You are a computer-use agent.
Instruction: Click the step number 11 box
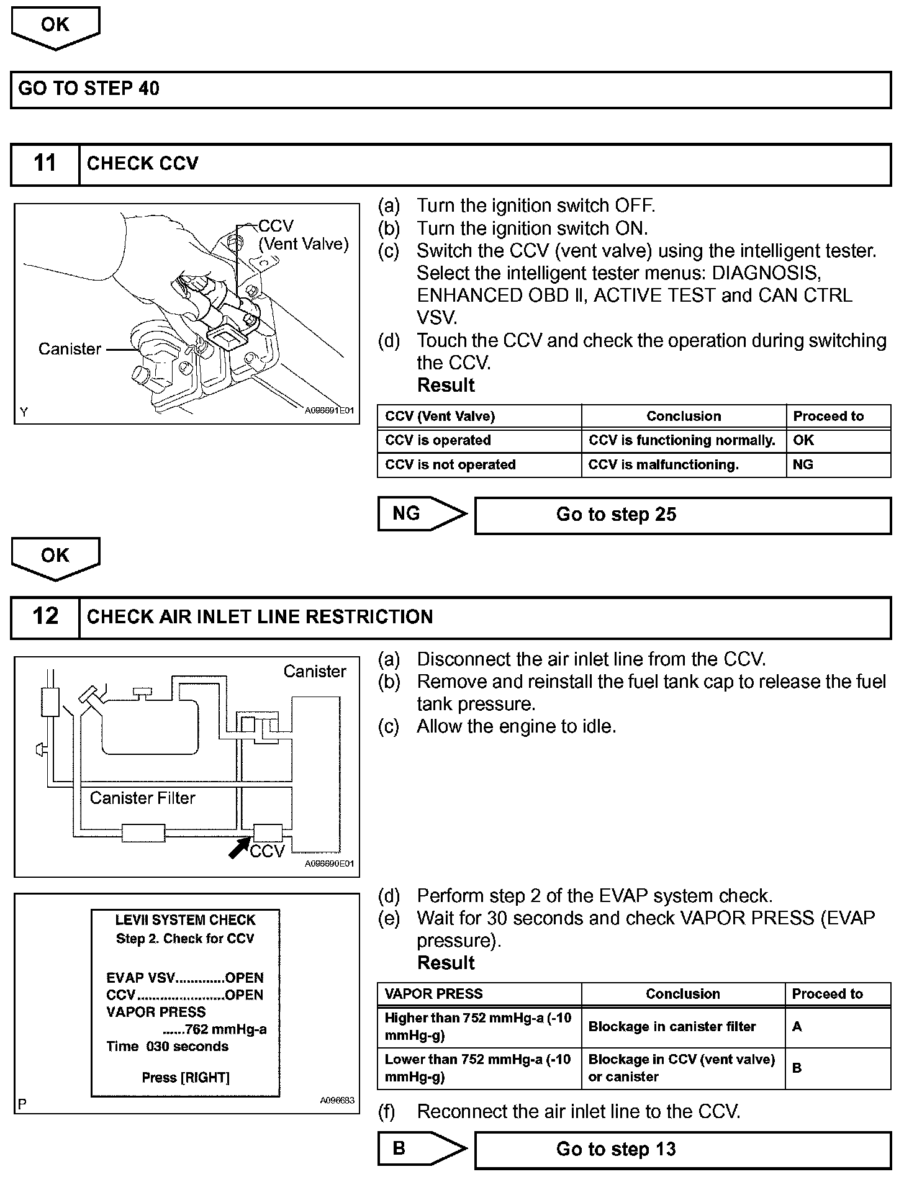point(45,164)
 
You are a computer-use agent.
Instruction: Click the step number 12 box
point(45,617)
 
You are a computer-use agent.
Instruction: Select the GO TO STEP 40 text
point(89,89)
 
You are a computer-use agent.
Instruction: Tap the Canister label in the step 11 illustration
point(70,349)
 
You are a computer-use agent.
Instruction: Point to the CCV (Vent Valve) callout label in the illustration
point(303,235)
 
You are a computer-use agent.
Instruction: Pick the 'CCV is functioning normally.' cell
point(682,441)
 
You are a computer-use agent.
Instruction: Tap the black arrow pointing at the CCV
point(239,847)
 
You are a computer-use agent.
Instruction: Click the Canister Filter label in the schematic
point(142,798)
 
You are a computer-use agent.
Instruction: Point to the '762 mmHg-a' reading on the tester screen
point(225,1030)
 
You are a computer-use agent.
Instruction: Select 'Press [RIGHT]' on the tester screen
point(186,1078)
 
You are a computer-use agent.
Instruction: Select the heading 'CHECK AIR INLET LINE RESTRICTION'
point(260,617)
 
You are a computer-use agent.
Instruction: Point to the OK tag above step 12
point(55,556)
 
